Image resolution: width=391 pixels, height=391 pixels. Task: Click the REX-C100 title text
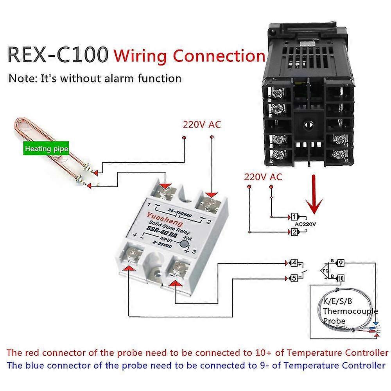(x=58, y=55)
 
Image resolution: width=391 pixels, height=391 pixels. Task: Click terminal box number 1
(x=294, y=216)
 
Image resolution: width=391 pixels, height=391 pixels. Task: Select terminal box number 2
(x=294, y=232)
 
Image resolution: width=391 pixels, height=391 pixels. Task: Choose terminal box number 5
(x=294, y=278)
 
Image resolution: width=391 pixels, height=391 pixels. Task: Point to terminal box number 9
(x=340, y=263)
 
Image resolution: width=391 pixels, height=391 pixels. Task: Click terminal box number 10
(x=340, y=278)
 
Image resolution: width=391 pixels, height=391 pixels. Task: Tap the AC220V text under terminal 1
(x=305, y=224)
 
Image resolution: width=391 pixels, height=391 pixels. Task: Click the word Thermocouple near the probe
(x=350, y=311)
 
